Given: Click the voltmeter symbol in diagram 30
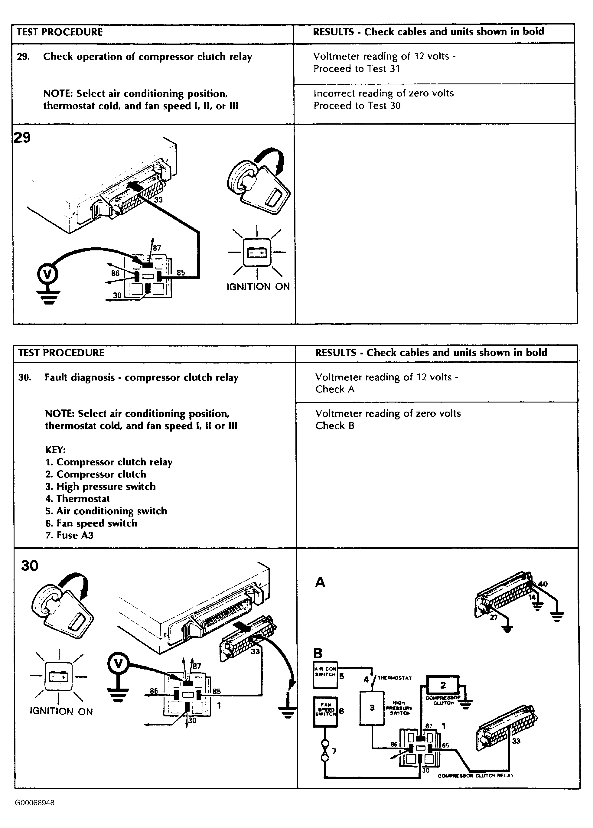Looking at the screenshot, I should [x=118, y=664].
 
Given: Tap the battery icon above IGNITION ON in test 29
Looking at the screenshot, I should [x=257, y=252].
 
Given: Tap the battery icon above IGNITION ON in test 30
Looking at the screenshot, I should [x=58, y=677].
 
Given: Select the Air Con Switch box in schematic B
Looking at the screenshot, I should [x=325, y=674].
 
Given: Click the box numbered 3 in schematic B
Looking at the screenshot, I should [x=372, y=708].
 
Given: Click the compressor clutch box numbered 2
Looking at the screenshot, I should [x=443, y=685].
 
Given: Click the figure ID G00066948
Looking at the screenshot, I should [x=35, y=803].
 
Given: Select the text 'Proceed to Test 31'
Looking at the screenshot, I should [x=357, y=69].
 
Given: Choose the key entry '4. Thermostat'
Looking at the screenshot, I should [x=77, y=499].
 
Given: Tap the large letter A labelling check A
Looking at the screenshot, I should [x=320, y=583].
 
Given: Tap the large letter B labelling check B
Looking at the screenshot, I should [x=318, y=653].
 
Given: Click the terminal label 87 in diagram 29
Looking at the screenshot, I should [x=157, y=248].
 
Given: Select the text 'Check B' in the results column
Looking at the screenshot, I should [x=335, y=426].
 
